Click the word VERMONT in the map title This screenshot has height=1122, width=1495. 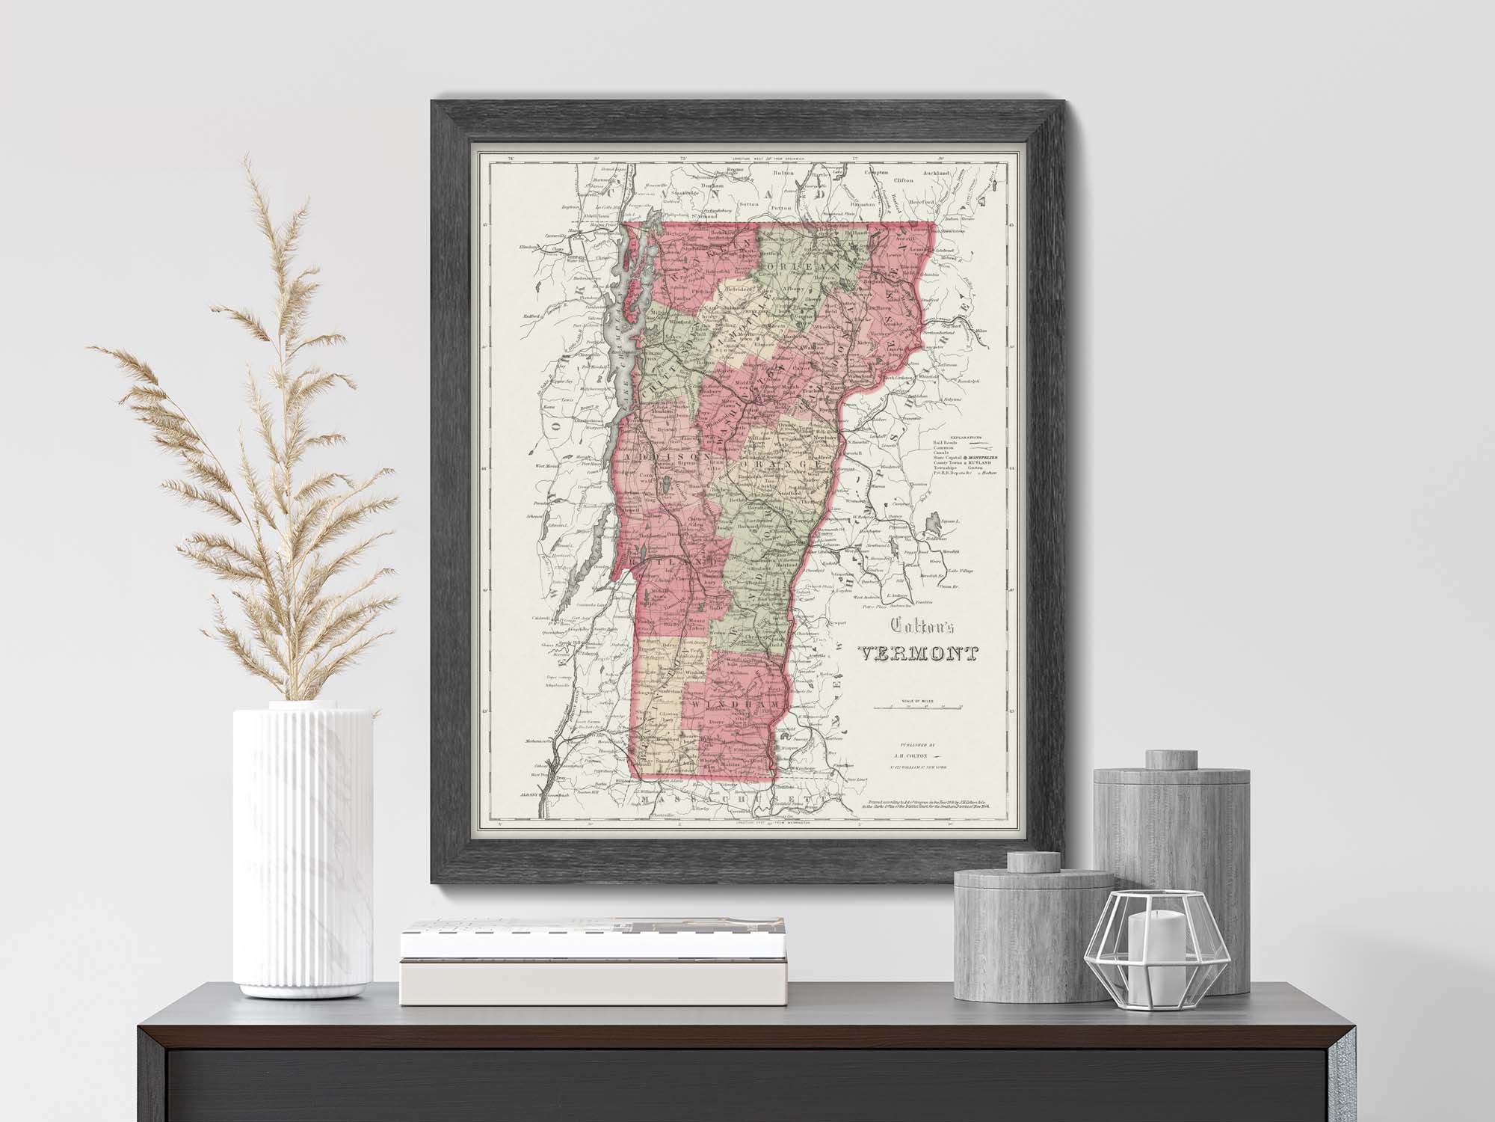click(917, 654)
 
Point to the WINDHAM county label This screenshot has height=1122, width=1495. click(736, 706)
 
